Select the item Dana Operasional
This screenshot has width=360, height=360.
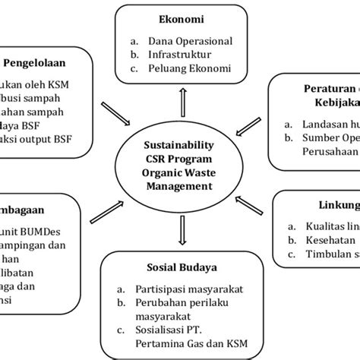tap(190, 41)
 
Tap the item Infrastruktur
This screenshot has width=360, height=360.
tap(179, 55)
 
